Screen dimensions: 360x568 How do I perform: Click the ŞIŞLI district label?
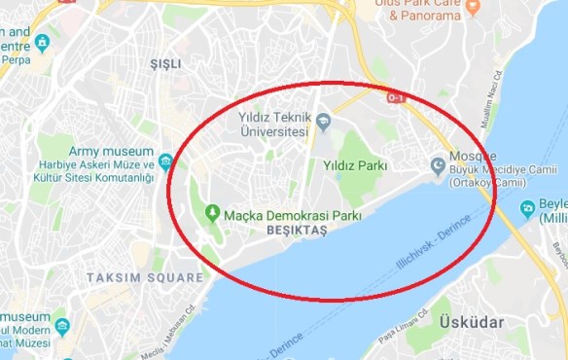165,63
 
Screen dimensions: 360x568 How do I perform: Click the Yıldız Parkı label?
355,165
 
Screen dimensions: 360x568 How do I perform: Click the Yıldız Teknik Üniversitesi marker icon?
324,122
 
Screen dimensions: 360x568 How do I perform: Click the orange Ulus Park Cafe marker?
473,8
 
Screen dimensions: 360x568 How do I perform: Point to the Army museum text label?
111,152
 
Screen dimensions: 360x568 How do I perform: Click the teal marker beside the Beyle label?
528,206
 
